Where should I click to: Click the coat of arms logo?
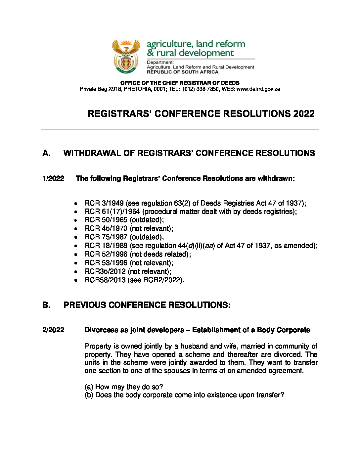tap(126, 57)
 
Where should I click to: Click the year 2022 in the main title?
tap(303, 114)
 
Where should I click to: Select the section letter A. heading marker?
tap(47, 153)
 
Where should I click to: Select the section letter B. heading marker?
tap(47, 305)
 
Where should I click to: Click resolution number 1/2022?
tap(53, 179)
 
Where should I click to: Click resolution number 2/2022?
tap(53, 330)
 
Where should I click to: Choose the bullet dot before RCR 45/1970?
tap(76, 229)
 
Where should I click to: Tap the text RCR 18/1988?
tap(106, 246)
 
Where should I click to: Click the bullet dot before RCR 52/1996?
tap(76, 255)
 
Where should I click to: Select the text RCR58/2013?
tap(105, 280)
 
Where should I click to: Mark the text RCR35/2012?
tap(105, 272)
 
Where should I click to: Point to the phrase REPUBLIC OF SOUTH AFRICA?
tap(183, 72)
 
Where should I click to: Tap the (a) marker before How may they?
tap(89, 387)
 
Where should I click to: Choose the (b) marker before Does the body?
tap(89, 395)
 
